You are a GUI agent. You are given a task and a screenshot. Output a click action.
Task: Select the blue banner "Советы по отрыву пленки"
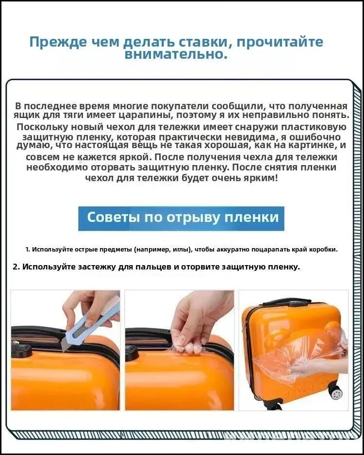[182, 218]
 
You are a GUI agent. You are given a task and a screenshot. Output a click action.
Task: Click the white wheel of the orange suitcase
[336, 393]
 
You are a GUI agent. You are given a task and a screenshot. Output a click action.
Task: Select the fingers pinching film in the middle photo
[188, 345]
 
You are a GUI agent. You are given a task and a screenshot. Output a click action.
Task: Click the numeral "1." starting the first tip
[28, 250]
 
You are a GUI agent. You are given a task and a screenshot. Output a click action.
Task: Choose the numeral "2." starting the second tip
[16, 267]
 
